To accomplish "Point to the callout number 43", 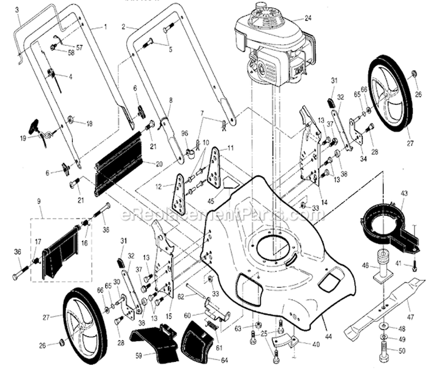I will pos(404,193).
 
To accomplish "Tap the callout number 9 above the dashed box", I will pos(39,201).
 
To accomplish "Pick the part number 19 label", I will pos(23,138).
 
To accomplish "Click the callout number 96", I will pos(185,134).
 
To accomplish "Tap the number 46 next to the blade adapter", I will pos(365,265).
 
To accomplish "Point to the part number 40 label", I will pos(316,344).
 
